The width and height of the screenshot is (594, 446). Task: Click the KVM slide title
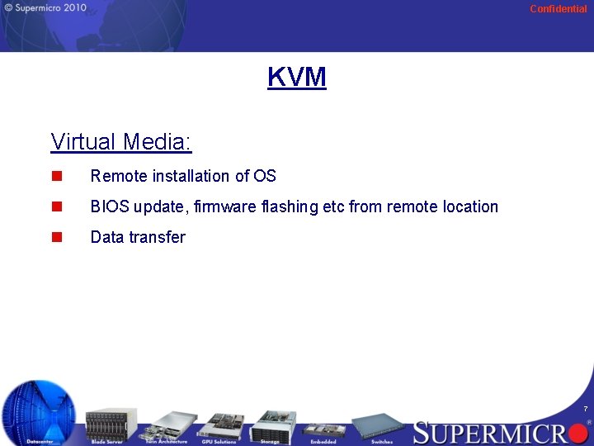coord(297,77)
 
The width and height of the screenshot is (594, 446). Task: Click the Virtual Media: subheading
coord(121,142)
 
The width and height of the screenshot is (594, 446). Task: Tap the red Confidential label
coord(559,9)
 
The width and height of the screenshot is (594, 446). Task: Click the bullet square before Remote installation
coord(56,176)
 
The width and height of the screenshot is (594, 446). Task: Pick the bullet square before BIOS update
coord(56,206)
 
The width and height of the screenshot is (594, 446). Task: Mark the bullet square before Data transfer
coord(56,237)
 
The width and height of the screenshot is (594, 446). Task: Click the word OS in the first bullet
coord(265,176)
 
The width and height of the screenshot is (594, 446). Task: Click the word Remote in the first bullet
coord(119,176)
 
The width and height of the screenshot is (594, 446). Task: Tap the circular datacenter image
coord(39,410)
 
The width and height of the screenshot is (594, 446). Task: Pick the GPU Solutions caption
coord(219,442)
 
